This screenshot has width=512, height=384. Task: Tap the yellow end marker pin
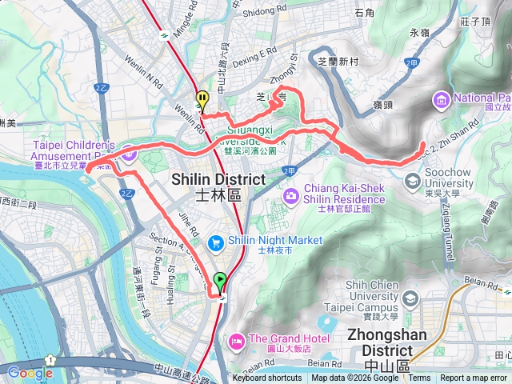[202, 101]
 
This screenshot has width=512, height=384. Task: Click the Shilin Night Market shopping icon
[214, 241]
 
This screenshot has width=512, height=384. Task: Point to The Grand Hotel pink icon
[237, 340]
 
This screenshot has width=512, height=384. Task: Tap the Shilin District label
[218, 185]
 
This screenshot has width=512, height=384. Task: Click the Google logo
[30, 372]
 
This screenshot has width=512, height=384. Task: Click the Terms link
[418, 378]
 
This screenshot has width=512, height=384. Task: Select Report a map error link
[473, 378]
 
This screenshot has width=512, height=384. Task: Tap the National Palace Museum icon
[441, 100]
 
